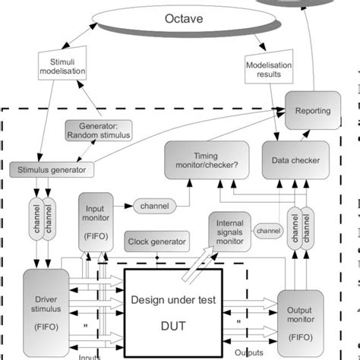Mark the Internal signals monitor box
[x=229, y=231]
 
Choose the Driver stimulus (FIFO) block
[x=46, y=309]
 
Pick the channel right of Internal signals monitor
[x=268, y=229]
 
